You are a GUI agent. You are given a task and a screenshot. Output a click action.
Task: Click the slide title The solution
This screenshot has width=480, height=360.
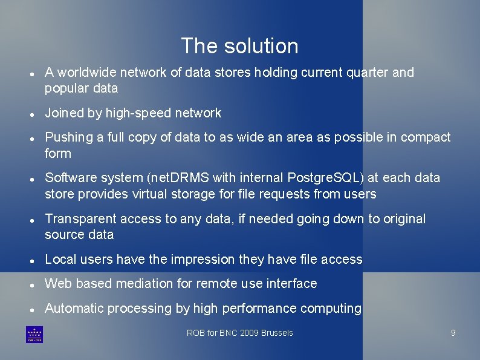[239, 46]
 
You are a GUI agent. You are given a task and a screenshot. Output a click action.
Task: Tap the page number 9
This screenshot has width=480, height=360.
[453, 333]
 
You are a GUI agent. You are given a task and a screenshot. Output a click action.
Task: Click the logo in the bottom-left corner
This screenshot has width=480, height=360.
[34, 335]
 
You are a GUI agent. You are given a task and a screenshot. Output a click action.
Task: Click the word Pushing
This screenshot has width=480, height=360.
[66, 137]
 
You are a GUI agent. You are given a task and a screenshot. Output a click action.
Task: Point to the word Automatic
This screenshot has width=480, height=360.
[74, 309]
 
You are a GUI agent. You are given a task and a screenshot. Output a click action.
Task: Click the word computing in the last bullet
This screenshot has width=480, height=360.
[329, 309]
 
